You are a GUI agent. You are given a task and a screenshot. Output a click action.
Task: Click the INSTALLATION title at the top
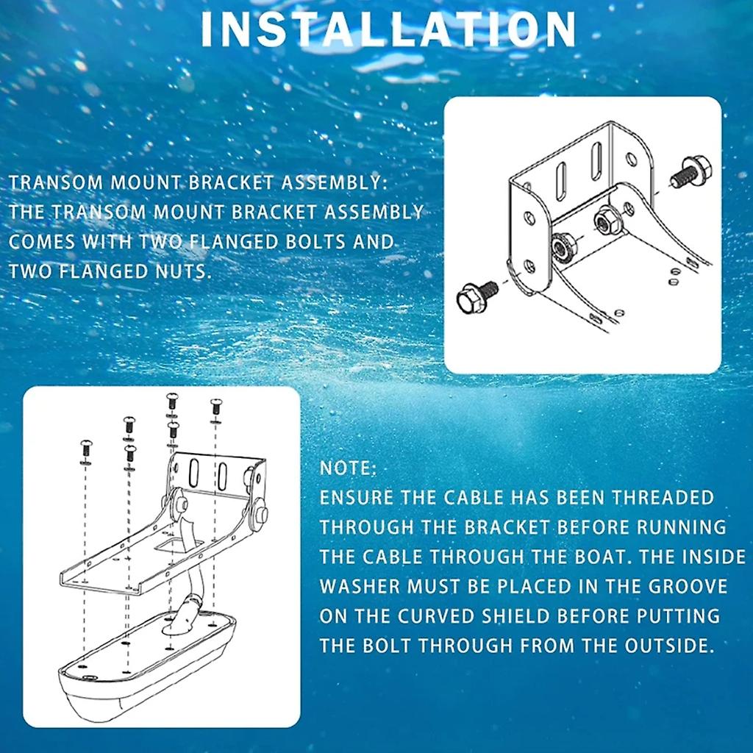point(388,29)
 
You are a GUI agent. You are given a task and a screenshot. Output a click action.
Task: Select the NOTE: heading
point(348,468)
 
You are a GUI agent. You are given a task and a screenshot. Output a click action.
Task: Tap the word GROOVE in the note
point(683,587)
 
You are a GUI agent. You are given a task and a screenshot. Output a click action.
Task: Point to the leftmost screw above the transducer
point(85,446)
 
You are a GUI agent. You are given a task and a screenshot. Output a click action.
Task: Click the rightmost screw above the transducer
point(215,405)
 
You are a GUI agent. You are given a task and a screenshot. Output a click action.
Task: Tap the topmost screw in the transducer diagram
point(171,399)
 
